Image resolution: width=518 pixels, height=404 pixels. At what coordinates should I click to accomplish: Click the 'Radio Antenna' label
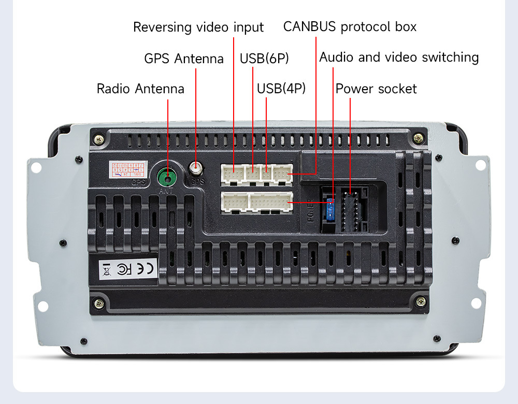140,89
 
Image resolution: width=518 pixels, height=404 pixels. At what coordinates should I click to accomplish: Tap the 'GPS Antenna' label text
184,59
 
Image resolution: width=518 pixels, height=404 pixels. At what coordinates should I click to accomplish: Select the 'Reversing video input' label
198,27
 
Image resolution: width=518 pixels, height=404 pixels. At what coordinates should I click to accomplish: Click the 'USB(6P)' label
264,59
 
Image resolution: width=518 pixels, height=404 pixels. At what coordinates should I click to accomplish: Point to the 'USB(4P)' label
281,89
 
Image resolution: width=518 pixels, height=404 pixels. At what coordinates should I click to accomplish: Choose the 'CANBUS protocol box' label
350,27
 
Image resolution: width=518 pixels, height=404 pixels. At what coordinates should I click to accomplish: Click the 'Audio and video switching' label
399,57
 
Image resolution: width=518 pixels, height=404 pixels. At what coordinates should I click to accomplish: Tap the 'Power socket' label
376,89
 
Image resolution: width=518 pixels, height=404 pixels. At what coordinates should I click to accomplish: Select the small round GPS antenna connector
196,169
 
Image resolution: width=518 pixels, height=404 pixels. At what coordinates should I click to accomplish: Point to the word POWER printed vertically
311,209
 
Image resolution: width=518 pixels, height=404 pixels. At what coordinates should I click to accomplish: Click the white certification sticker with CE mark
128,269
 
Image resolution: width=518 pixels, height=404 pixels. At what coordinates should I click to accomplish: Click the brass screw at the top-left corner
99,138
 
